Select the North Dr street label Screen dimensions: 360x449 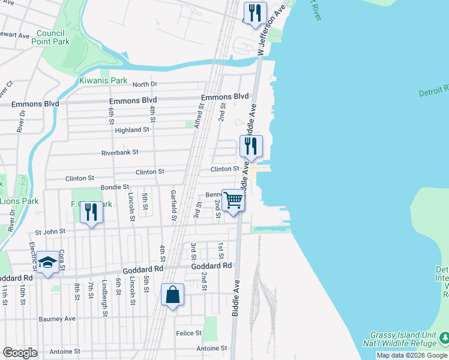pos(144,84)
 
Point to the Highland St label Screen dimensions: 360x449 pos(132,130)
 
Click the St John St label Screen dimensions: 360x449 pos(50,232)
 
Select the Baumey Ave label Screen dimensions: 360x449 pos(57,319)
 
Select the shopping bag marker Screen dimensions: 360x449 pos(172,295)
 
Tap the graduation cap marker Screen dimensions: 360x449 pos(47,262)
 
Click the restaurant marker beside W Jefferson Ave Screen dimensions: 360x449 pos(255,13)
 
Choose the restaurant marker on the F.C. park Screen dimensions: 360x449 pos(91,212)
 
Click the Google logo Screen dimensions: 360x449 pos(20,353)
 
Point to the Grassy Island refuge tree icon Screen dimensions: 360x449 pos(444,339)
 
